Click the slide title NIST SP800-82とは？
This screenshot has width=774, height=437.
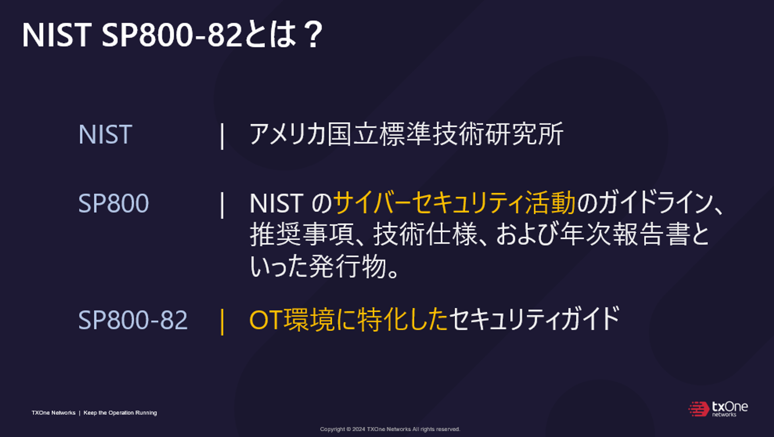click(x=173, y=35)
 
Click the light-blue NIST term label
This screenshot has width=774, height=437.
click(x=105, y=134)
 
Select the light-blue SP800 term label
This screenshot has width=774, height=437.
click(x=114, y=203)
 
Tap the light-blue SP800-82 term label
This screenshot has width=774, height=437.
click(x=133, y=320)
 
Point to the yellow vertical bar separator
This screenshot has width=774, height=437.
click(x=222, y=322)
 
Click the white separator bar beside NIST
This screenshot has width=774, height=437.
click(x=222, y=136)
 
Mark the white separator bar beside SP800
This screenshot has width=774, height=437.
click(x=222, y=205)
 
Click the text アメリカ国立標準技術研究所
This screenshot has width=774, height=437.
click(x=406, y=134)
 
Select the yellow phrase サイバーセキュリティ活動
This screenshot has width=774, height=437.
click(x=454, y=203)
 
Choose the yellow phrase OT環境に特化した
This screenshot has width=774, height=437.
click(x=348, y=320)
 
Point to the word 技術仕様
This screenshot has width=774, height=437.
click(x=425, y=234)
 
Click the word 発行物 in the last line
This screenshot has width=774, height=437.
click(x=348, y=266)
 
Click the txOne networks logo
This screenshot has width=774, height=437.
click(x=718, y=409)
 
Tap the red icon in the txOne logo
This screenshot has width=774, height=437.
click(x=699, y=409)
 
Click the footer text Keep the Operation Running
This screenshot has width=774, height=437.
click(x=120, y=413)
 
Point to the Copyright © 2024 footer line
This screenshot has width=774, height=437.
click(x=390, y=429)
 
